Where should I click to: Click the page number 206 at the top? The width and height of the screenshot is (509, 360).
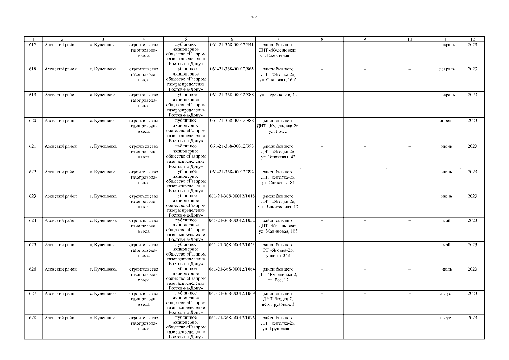point(254,17)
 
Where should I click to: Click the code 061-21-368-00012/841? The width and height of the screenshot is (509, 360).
point(232,45)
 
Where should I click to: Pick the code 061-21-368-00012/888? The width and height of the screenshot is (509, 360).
point(232,95)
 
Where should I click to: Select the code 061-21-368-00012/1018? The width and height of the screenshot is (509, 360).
point(232,196)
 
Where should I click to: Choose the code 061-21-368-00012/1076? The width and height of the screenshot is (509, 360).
point(232,318)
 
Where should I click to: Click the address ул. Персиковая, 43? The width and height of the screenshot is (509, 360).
point(278,95)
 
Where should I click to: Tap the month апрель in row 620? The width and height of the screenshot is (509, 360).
point(446,121)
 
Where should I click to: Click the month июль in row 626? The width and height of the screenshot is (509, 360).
point(446,269)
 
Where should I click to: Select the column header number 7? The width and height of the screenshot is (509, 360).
point(278,39)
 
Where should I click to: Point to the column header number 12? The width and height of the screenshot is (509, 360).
point(472,39)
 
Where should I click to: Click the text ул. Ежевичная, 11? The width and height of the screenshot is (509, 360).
point(278,55)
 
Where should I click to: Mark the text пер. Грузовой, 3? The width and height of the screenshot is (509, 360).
point(278,304)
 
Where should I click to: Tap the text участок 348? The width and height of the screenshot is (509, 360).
point(278,256)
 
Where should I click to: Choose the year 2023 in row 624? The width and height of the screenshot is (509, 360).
point(472,220)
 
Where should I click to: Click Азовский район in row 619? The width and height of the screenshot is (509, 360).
point(61,95)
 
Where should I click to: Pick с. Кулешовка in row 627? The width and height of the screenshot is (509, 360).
point(103,293)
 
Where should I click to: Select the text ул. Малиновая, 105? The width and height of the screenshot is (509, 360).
point(278,231)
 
